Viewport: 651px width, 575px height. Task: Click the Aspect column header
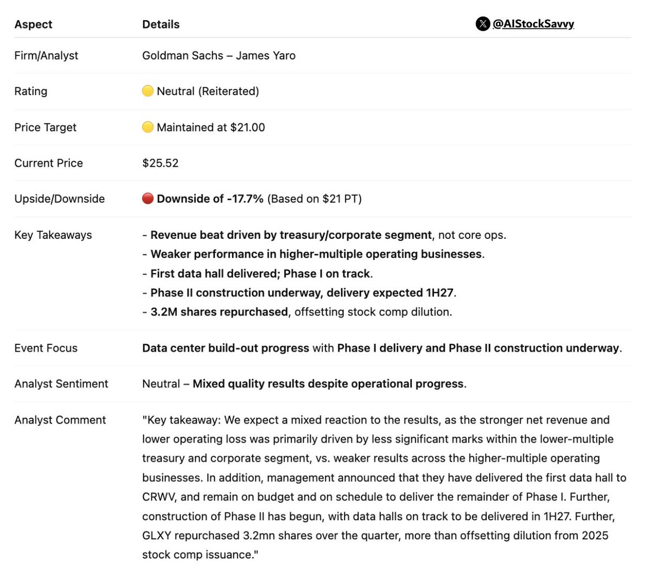33,24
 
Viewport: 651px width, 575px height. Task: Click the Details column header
161,24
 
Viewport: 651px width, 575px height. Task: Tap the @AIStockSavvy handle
533,24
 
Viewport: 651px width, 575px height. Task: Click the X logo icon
482,24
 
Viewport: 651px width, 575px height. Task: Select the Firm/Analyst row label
46,55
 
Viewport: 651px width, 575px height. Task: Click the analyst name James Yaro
265,55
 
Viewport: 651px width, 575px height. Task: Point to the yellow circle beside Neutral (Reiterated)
148,91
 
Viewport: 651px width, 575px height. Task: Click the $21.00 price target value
247,128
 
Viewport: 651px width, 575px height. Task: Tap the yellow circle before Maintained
148,128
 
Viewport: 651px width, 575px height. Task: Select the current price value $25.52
160,163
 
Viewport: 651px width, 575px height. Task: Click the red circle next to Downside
148,199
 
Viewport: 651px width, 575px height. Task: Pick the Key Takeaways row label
53,235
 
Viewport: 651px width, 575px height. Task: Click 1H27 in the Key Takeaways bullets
439,293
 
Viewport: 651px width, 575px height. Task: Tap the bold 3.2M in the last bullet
164,312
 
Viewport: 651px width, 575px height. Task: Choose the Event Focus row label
46,348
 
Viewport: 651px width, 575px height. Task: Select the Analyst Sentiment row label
61,384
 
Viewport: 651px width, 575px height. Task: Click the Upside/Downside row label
59,199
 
